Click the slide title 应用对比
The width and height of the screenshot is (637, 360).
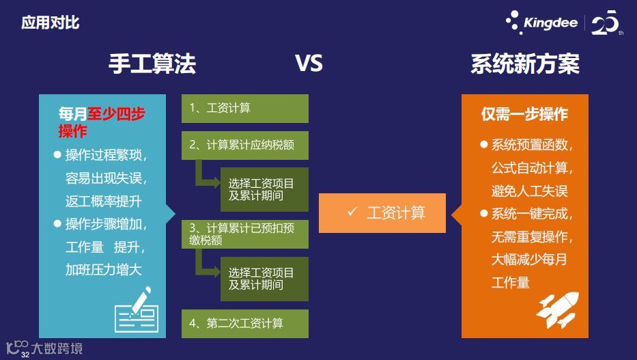point(50,23)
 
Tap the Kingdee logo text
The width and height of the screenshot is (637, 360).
point(550,23)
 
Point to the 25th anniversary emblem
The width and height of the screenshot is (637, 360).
point(606,24)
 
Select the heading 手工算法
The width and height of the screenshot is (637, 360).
point(152,64)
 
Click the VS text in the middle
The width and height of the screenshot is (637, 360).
point(309,64)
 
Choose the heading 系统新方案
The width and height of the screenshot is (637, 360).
point(525,64)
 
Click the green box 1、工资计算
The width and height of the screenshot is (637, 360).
point(244,108)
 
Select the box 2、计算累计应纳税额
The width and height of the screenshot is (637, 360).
point(244,145)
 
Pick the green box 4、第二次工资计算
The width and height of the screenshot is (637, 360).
point(244,323)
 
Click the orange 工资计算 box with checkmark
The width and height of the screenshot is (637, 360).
point(382,212)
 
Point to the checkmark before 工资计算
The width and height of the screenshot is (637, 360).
point(352,212)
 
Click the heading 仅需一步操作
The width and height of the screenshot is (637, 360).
point(524,113)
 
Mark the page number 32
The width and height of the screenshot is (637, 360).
point(25,355)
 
